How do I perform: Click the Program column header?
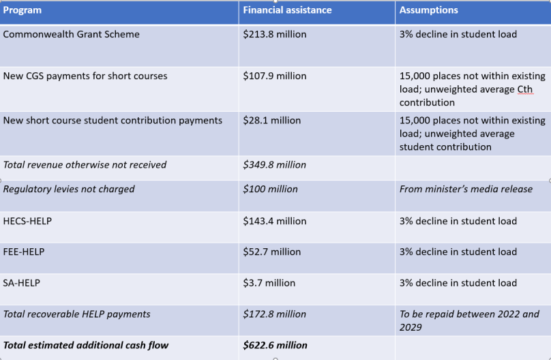[x=23, y=10]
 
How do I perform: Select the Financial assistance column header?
[x=287, y=10]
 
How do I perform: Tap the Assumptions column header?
[x=428, y=10]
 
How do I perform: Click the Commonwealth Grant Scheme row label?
[x=72, y=34]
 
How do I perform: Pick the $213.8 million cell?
[x=275, y=34]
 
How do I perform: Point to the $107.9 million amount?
[x=275, y=76]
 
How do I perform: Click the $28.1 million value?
[x=272, y=121]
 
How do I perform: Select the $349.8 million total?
[x=275, y=165]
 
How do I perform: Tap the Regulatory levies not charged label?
[x=69, y=190]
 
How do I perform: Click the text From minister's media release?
[x=466, y=190]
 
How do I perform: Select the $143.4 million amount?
[x=275, y=221]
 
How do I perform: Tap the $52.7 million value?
[x=272, y=252]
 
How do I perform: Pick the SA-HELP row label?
[x=22, y=283]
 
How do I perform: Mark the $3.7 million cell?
[x=269, y=283]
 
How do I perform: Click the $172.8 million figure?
[x=275, y=314]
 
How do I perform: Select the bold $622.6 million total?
[x=275, y=346]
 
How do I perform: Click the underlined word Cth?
[x=524, y=90]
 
